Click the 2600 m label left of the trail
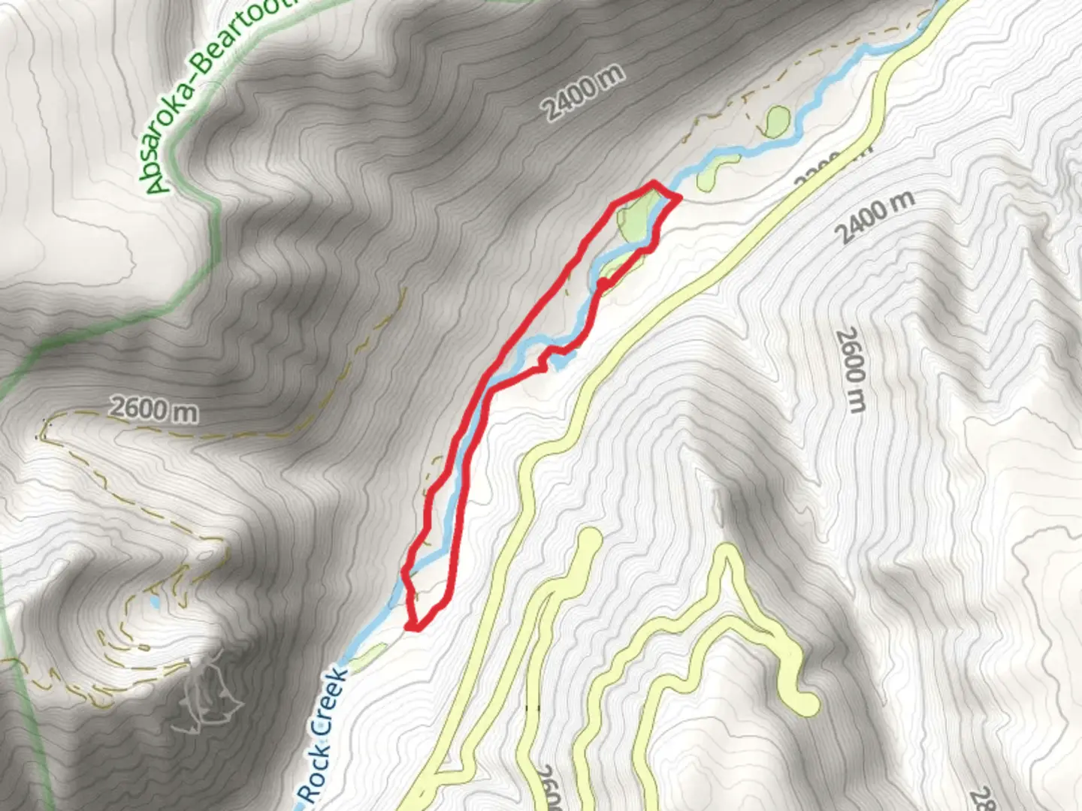click(154, 410)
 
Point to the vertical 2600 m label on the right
click(851, 369)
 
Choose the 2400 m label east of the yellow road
click(875, 216)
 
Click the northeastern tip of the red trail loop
click(679, 197)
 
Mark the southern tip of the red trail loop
click(410, 625)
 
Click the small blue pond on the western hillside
click(154, 603)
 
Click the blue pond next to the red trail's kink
click(560, 363)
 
